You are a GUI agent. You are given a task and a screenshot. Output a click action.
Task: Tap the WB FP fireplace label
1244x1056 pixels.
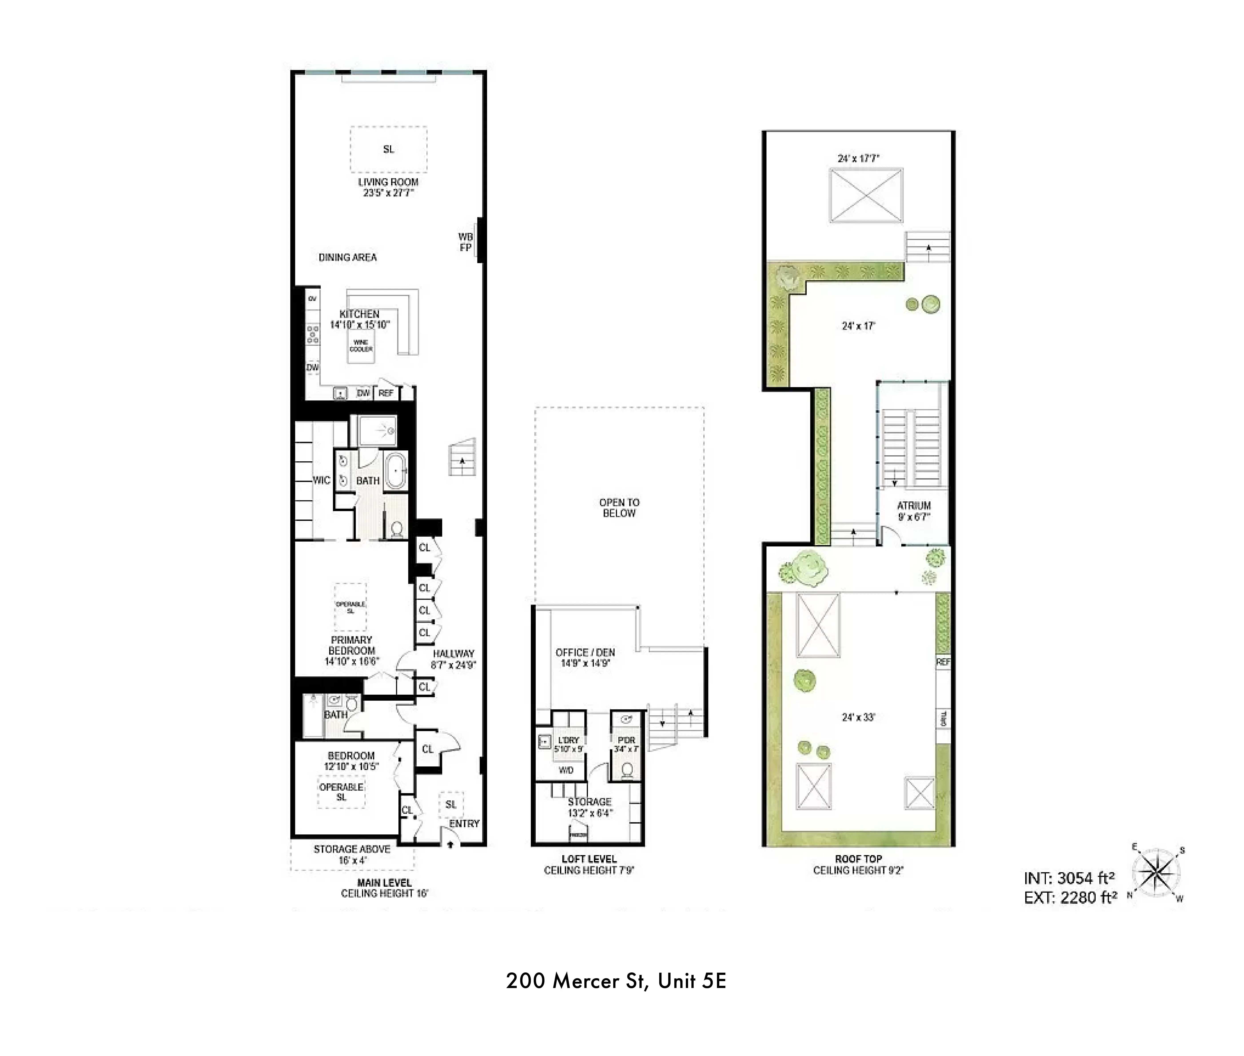466,242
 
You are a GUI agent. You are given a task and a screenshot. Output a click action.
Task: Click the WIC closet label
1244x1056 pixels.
321,480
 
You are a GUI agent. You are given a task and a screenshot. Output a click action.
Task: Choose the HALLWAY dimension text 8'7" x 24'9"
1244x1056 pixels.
453,664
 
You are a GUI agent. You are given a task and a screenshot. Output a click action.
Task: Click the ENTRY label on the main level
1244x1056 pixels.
464,824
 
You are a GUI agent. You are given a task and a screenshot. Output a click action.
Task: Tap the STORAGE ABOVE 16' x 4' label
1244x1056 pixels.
352,854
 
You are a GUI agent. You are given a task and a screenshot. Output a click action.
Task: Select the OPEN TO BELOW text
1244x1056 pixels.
619,508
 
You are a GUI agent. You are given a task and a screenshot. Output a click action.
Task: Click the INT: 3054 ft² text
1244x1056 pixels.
1069,878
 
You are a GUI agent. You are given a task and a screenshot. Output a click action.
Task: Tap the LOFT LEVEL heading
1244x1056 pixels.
589,858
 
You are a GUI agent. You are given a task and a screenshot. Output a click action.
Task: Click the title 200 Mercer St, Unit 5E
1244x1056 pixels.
616,981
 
